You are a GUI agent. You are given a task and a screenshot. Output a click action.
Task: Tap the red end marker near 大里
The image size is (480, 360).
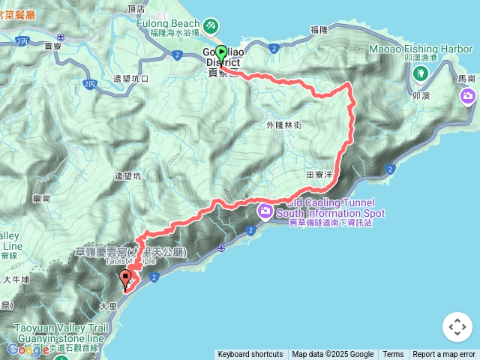click(125, 280)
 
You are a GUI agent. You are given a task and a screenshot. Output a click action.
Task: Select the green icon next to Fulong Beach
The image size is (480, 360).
click(212, 26)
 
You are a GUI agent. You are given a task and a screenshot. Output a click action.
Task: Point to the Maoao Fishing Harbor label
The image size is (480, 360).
click(421, 49)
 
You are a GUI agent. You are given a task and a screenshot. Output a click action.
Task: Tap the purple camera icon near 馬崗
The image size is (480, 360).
click(468, 96)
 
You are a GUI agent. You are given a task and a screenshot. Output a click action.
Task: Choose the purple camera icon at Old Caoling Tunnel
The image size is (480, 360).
click(265, 211)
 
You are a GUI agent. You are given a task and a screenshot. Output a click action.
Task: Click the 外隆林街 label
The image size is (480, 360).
click(283, 124)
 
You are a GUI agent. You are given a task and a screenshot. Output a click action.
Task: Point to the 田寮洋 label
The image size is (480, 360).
click(319, 173)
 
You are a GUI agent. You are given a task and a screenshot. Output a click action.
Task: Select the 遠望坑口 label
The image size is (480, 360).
click(130, 78)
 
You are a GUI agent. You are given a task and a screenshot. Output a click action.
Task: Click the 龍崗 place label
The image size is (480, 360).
click(41, 199)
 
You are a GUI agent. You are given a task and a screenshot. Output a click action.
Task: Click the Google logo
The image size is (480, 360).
click(28, 349)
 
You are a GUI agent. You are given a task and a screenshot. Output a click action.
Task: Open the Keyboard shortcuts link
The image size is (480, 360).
click(250, 355)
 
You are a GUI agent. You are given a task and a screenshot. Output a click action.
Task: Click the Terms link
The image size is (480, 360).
click(393, 355)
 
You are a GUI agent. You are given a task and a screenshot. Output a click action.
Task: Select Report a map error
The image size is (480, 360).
click(444, 355)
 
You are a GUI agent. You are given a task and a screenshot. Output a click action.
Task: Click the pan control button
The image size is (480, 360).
click(457, 327)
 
